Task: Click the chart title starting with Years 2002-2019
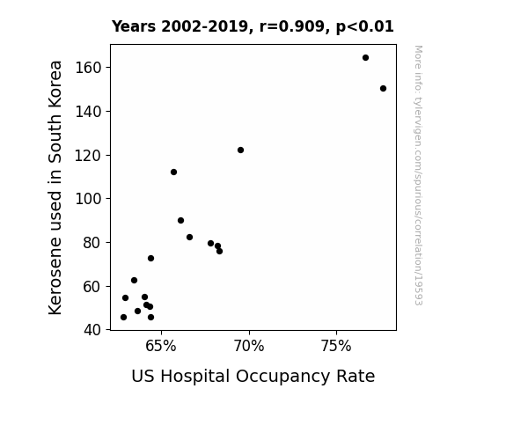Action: (x=253, y=26)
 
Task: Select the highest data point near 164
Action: (x=365, y=58)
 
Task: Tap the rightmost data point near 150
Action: (x=383, y=89)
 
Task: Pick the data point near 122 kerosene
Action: (x=240, y=150)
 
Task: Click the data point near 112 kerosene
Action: (x=173, y=172)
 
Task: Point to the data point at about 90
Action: (x=180, y=221)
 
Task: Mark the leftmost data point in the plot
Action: (x=123, y=318)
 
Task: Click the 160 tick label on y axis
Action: (x=88, y=68)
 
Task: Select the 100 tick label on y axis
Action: (x=88, y=199)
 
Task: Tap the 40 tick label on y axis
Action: (x=92, y=330)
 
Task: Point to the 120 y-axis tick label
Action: (x=88, y=156)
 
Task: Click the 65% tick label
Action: (x=161, y=347)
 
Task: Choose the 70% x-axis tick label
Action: (x=249, y=347)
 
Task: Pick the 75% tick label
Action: (x=336, y=347)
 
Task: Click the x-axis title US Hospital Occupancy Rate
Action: (x=253, y=377)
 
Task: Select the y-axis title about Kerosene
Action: (x=55, y=187)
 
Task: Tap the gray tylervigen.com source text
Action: (x=418, y=175)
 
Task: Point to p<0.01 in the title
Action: (x=365, y=26)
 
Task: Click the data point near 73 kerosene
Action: (x=150, y=258)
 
